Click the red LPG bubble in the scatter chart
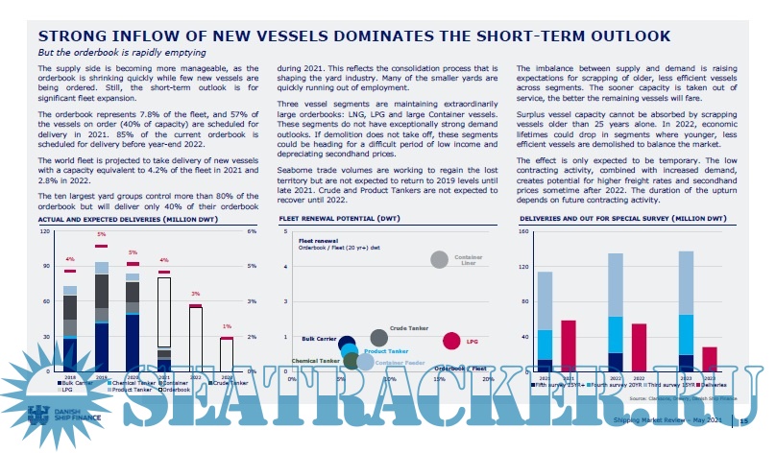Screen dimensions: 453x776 tap(451, 340)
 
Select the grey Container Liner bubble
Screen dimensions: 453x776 tap(439, 259)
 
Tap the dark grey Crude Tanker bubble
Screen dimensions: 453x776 tap(378, 338)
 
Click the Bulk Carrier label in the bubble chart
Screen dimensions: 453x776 tap(317, 339)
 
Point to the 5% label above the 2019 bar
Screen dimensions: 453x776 tap(102, 234)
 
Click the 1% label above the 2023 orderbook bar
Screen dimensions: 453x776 tap(227, 326)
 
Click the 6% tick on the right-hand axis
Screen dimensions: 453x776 tap(252, 231)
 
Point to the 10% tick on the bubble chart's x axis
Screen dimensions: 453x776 tap(390, 379)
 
